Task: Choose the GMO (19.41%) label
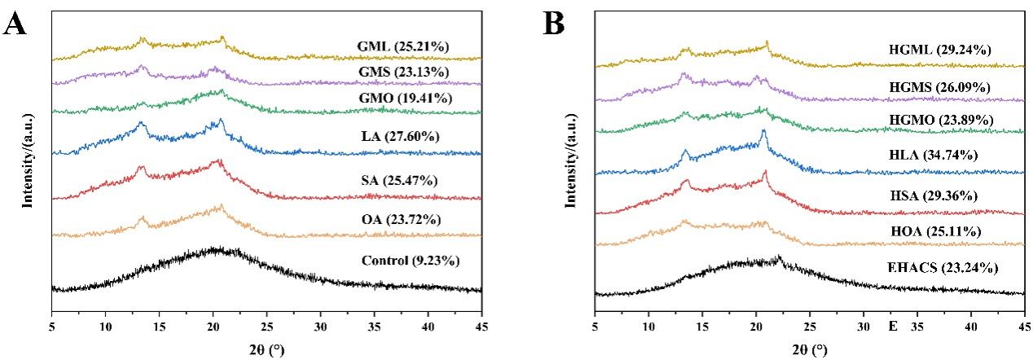(x=405, y=98)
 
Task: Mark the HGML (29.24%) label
(x=940, y=50)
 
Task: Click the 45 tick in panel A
(x=481, y=325)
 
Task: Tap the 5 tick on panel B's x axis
(x=596, y=326)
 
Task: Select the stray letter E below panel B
(x=893, y=326)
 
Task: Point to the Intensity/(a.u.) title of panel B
(x=572, y=160)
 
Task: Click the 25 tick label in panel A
(x=266, y=325)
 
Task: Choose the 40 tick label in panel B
(x=970, y=326)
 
